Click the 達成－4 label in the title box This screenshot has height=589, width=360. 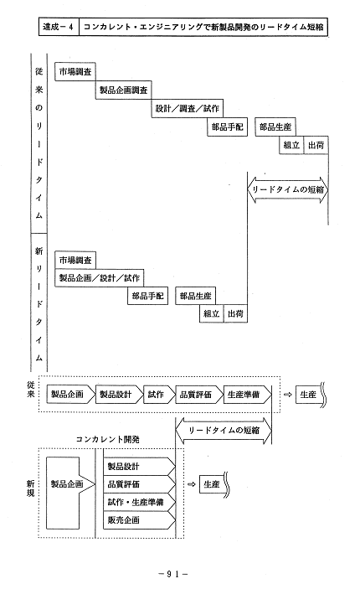[58, 27]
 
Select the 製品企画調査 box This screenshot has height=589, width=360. [124, 90]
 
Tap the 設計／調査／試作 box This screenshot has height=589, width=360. [188, 109]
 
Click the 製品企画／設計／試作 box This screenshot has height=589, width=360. [99, 278]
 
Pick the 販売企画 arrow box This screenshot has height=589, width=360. [139, 520]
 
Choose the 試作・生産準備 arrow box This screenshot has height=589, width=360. [139, 502]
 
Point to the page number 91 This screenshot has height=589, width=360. [173, 574]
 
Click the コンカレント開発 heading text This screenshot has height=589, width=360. [108, 439]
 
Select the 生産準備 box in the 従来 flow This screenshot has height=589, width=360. [247, 395]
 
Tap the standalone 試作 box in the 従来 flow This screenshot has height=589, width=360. [159, 395]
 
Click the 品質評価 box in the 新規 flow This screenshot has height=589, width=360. [139, 484]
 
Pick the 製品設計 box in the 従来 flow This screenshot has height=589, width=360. [119, 395]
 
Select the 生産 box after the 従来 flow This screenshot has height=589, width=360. [309, 395]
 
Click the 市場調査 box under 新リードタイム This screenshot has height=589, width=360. [75, 260]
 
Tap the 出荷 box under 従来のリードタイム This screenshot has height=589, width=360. [316, 145]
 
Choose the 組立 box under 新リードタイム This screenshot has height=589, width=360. [211, 313]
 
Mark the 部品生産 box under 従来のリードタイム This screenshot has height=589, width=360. [275, 127]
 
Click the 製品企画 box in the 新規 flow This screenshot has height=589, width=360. [66, 484]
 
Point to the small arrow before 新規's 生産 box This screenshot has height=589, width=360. [192, 484]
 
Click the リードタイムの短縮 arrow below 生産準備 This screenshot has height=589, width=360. [223, 431]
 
